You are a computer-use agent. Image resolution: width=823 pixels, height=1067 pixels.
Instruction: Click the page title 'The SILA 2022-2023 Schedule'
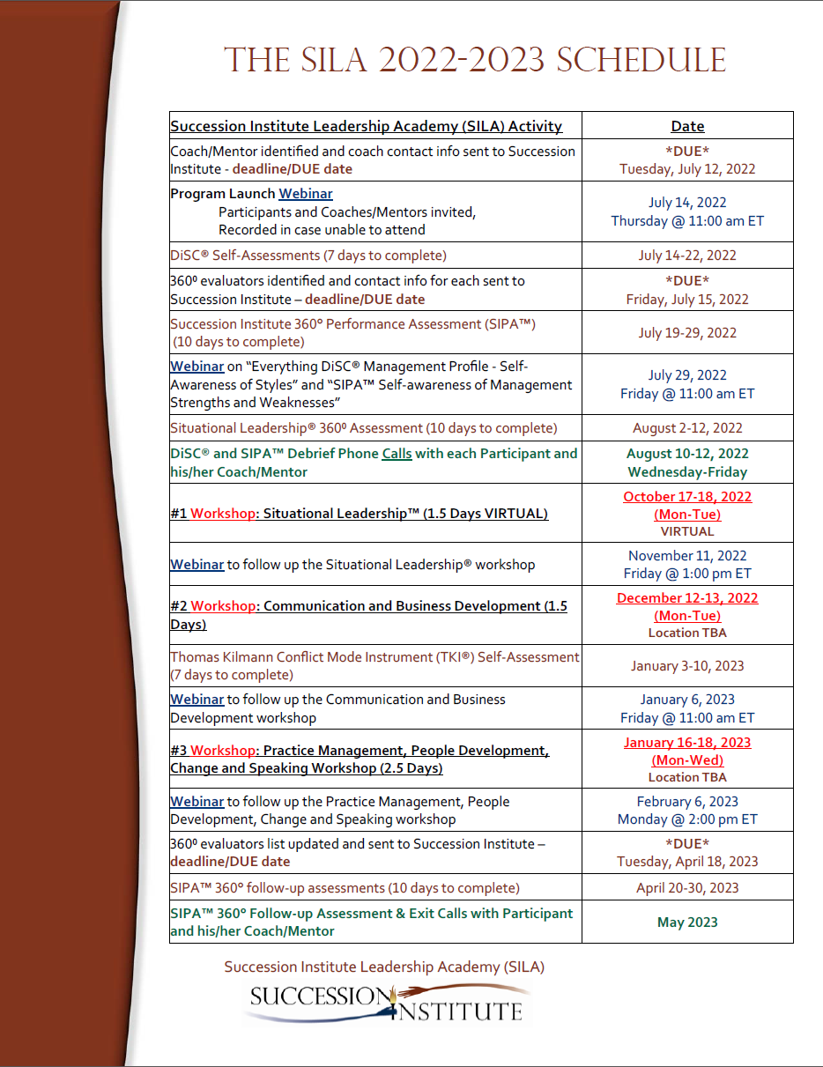475,61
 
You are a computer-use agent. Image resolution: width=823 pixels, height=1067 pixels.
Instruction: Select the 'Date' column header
687,126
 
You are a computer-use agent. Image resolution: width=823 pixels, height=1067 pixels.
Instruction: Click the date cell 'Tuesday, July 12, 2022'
687,168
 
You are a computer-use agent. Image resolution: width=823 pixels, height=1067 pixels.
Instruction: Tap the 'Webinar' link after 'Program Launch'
306,194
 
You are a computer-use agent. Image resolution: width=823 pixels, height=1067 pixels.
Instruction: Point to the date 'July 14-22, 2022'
687,256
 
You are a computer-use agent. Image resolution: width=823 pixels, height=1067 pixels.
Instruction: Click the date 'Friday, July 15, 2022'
687,299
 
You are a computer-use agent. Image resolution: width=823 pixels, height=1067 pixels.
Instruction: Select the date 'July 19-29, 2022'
687,333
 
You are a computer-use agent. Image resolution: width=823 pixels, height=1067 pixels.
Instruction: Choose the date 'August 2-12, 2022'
687,428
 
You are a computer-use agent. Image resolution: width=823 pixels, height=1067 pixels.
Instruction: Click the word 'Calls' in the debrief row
397,454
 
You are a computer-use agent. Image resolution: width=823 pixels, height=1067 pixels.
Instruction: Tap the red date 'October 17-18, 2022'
687,497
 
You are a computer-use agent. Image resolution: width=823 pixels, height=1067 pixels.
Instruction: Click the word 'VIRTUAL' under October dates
687,531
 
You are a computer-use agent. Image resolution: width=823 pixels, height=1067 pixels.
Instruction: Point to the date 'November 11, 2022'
687,556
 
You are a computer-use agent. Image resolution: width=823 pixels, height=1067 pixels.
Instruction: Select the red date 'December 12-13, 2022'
687,598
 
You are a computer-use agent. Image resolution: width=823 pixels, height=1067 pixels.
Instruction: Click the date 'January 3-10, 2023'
687,666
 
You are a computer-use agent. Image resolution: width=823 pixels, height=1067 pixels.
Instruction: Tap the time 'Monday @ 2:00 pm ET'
687,819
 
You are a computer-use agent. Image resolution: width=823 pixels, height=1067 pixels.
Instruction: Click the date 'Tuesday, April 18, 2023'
687,862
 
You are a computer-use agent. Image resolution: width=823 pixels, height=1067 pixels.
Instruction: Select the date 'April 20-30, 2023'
687,888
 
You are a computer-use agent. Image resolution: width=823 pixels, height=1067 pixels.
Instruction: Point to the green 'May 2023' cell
687,923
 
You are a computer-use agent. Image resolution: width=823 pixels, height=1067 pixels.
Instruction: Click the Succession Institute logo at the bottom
388,1003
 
